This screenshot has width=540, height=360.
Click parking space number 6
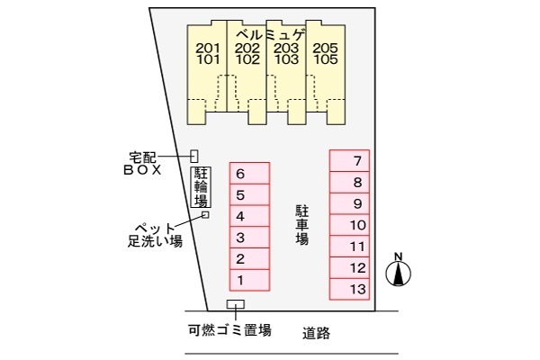click(x=249, y=174)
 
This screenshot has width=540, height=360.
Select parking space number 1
click(x=249, y=280)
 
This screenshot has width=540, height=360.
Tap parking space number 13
click(x=349, y=289)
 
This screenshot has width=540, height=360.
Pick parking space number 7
click(x=349, y=161)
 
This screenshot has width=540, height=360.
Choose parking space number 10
click(x=349, y=225)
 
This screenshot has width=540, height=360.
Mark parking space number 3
click(x=249, y=238)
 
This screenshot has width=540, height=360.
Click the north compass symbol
click(x=398, y=270)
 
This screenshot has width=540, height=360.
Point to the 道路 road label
click(x=316, y=333)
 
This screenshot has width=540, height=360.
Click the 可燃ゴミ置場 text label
click(x=229, y=330)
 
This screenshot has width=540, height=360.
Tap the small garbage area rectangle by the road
click(x=236, y=304)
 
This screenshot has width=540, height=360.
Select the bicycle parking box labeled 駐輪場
click(x=201, y=187)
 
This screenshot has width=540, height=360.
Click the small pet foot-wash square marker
click(x=205, y=214)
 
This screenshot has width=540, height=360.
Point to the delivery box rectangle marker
click(x=194, y=156)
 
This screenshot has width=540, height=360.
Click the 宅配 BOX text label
click(x=142, y=164)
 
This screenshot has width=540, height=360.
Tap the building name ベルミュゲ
click(x=272, y=35)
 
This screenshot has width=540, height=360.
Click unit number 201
click(x=208, y=49)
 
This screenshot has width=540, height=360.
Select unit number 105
click(x=326, y=59)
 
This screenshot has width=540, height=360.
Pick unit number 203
click(x=286, y=49)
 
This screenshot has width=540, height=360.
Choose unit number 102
click(x=247, y=59)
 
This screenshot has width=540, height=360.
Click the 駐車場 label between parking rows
click(x=301, y=225)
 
